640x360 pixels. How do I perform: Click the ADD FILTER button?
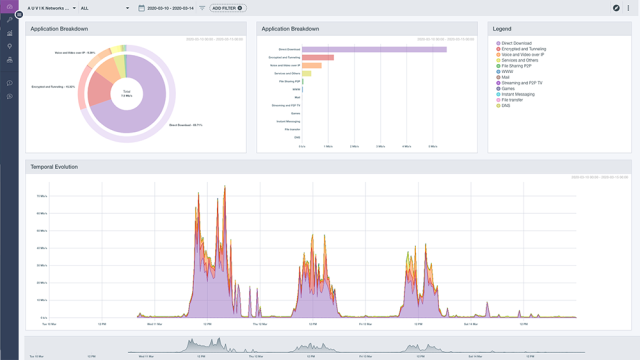pyautogui.click(x=228, y=8)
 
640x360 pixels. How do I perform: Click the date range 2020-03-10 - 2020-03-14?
pyautogui.click(x=171, y=8)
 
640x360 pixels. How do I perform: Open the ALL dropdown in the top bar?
pyautogui.click(x=104, y=8)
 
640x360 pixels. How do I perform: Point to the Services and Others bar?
pyautogui.click(x=307, y=73)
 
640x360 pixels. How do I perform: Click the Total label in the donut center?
pyautogui.click(x=127, y=92)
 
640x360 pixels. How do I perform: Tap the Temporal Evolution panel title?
pyautogui.click(x=54, y=167)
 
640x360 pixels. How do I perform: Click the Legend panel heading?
pyautogui.click(x=502, y=29)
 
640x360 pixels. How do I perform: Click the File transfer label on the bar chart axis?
pyautogui.click(x=293, y=129)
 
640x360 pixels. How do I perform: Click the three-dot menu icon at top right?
pyautogui.click(x=628, y=8)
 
